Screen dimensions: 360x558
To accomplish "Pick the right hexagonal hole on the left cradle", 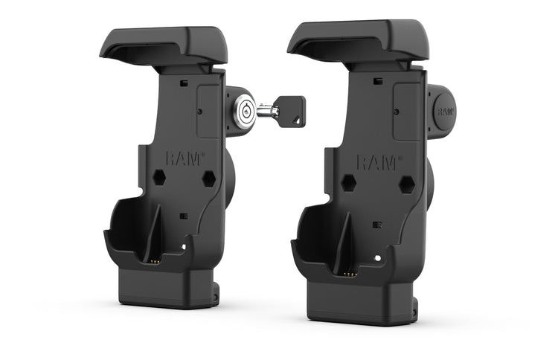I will tap(208, 179).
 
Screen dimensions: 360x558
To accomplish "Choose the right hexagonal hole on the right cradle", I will tap(406, 184).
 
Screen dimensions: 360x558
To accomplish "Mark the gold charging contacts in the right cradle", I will tap(350, 273).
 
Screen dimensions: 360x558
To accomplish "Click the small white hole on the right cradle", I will tap(379, 258).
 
